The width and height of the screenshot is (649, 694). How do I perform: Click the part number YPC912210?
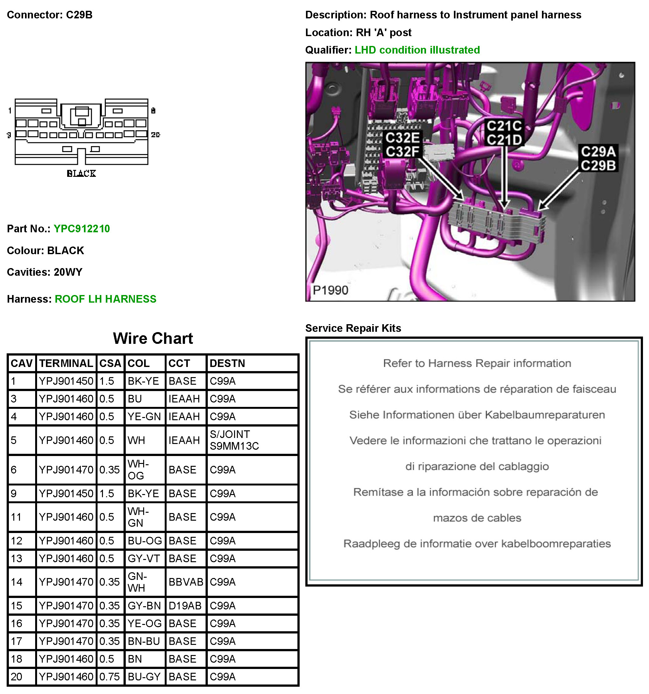(82, 229)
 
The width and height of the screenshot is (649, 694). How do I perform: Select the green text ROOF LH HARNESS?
(105, 299)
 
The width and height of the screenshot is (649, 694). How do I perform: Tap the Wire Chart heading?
(153, 338)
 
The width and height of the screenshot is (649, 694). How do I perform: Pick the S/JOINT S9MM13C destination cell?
(234, 440)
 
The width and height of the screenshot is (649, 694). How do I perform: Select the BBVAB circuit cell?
(186, 582)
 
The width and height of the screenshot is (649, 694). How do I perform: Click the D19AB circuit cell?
(185, 605)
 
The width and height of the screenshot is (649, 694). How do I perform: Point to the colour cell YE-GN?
(144, 416)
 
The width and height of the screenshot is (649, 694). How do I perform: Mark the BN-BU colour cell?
(144, 641)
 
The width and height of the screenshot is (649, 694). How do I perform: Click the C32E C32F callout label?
(403, 145)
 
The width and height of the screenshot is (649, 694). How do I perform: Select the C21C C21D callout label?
(504, 133)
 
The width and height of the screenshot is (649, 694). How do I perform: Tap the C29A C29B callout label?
(598, 158)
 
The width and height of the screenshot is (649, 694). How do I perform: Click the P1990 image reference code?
(330, 290)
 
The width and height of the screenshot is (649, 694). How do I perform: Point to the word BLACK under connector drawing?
(81, 174)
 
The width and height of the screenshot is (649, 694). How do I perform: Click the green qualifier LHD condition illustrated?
(417, 50)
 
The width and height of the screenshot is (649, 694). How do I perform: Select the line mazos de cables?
(477, 517)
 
